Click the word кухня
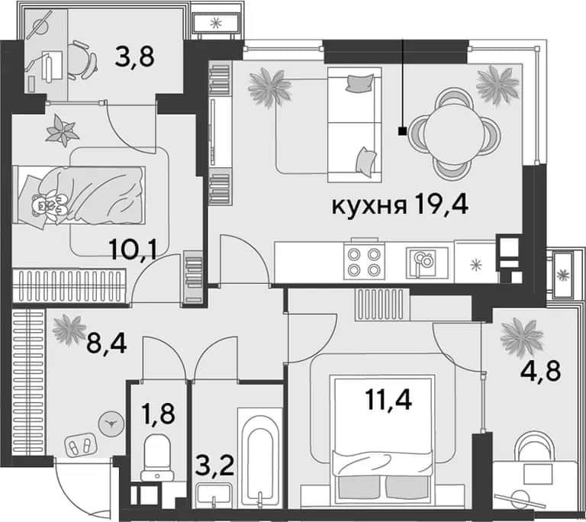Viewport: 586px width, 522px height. coord(369,206)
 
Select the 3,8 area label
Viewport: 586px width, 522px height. coord(134,58)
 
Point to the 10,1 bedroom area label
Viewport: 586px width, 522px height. coord(134,250)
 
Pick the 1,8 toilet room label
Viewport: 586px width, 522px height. coord(159,413)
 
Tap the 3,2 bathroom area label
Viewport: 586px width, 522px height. coord(215,466)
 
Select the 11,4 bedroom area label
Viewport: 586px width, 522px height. coord(388,399)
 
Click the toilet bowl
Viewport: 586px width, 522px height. coord(157,457)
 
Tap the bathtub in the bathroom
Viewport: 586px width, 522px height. coord(259,457)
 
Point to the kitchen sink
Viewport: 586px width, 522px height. coord(427,263)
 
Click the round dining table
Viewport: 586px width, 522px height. coord(454,134)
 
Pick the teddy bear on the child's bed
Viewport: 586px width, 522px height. coord(48,205)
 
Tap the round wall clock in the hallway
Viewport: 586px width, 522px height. coord(111,424)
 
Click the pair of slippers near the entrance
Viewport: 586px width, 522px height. coord(80,445)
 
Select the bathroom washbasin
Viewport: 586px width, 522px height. coord(214,495)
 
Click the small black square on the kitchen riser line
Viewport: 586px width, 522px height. coord(403,130)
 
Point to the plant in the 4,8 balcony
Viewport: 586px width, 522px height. coord(521,337)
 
